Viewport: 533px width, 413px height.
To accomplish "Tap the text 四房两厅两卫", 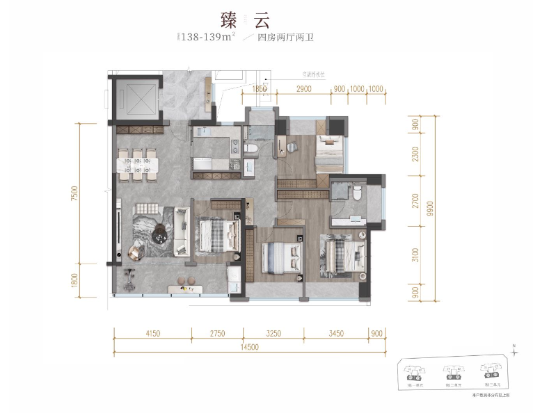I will tap(285, 38).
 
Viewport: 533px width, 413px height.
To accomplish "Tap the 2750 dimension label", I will tap(217, 334).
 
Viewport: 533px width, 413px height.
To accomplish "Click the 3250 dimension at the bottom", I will tap(273, 334).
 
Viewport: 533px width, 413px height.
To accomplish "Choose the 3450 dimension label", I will tap(335, 334).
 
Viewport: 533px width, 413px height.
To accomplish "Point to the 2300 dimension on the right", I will tap(415, 154).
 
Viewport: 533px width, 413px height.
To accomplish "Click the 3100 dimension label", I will tap(415, 256).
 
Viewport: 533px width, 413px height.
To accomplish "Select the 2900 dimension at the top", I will tap(303, 89).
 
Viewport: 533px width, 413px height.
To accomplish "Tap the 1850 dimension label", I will tap(260, 89).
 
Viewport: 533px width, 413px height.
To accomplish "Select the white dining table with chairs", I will tap(137, 164).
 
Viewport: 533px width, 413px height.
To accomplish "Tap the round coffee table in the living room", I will tap(161, 236).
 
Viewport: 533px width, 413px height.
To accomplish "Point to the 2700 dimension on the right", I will tap(415, 202).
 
